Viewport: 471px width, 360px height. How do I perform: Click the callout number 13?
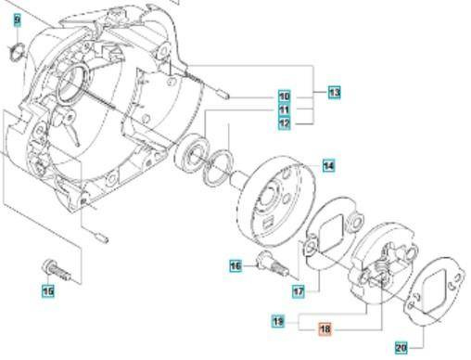334,92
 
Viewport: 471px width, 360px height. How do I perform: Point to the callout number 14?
329,165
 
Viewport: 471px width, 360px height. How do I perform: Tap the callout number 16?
235,266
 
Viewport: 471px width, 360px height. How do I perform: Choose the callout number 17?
299,290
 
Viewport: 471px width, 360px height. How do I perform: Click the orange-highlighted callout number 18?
325,328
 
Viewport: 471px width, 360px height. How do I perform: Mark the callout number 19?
277,321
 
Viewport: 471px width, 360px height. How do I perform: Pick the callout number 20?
401,348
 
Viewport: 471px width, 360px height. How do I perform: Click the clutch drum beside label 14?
273,200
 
